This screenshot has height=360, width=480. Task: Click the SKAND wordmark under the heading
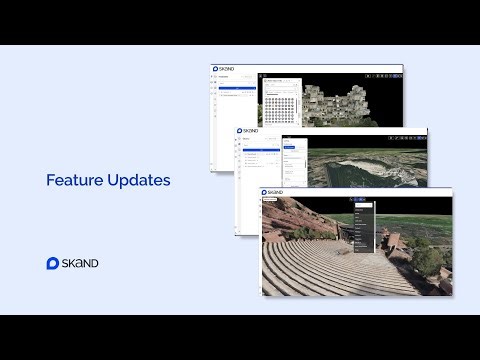(x=81, y=263)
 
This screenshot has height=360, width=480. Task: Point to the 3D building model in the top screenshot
(x=345, y=100)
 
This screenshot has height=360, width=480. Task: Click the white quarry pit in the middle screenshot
(x=385, y=166)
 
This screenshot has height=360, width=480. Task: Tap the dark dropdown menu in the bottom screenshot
(x=364, y=226)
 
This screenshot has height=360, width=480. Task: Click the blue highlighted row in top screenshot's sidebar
(x=236, y=89)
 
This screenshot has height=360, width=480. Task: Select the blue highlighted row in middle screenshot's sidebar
(x=260, y=150)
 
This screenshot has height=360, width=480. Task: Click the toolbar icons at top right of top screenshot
(x=384, y=76)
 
